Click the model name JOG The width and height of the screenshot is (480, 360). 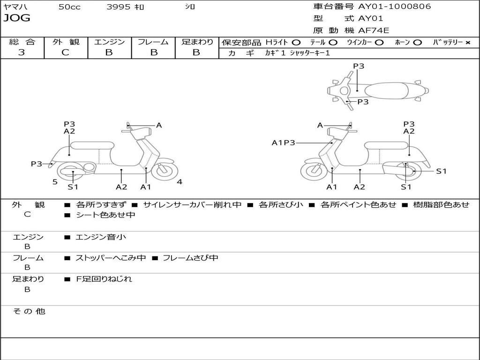point(17,18)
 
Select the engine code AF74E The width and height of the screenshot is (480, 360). point(374,30)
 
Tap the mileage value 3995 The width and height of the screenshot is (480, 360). point(119,7)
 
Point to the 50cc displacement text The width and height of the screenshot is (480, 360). point(69,7)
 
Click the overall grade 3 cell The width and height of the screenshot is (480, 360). point(22,52)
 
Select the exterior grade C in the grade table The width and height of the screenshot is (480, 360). point(66,52)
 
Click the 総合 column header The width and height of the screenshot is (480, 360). point(22,42)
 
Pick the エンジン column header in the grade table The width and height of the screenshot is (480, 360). point(109,42)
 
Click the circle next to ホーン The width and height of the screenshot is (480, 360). point(417,43)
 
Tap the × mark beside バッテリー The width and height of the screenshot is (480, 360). point(467,43)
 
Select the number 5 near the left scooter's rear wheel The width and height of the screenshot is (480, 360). point(55,182)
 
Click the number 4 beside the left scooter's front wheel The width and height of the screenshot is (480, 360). point(180,182)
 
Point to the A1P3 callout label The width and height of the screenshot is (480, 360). point(284,142)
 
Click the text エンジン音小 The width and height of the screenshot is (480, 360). point(101,237)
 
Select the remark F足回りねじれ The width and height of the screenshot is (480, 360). point(104,279)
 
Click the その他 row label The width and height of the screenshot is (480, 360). point(29,311)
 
